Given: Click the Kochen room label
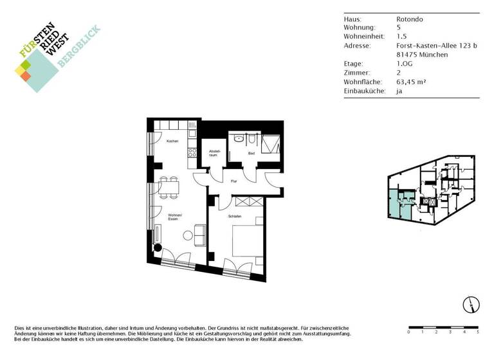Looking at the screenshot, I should pyautogui.click(x=172, y=141).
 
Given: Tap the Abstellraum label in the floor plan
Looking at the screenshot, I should pyautogui.click(x=212, y=154).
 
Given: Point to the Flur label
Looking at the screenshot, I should pyautogui.click(x=234, y=181).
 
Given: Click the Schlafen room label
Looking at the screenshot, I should pyautogui.click(x=235, y=217).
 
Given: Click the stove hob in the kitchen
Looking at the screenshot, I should pyautogui.click(x=191, y=152).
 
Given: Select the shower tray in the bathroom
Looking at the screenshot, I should pyautogui.click(x=270, y=143).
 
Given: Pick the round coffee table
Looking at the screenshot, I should pyautogui.click(x=188, y=235).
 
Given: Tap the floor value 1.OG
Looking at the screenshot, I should pyautogui.click(x=406, y=64).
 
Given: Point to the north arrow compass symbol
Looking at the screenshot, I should pyautogui.click(x=470, y=304).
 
